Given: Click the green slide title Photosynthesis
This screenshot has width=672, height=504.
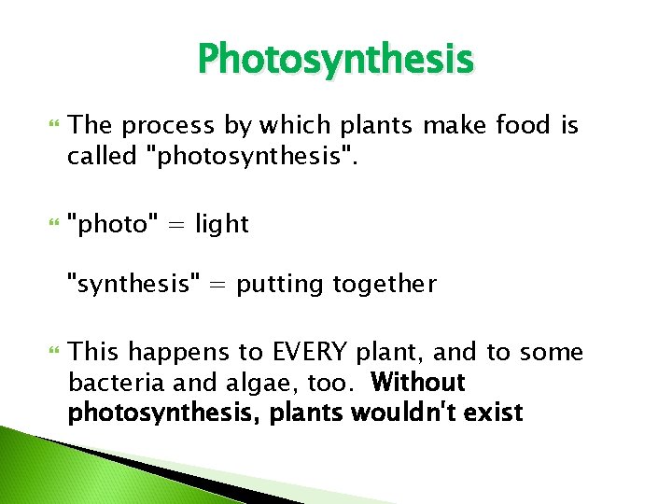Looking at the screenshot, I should [x=335, y=61].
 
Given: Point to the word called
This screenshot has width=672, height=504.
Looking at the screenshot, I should [x=102, y=156].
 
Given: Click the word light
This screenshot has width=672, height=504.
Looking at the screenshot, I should [x=222, y=224].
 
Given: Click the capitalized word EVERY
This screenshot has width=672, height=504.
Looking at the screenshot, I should [x=311, y=353].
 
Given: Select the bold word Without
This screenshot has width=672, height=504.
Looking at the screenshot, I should [x=417, y=383].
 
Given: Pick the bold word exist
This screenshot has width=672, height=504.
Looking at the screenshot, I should [x=494, y=413].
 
